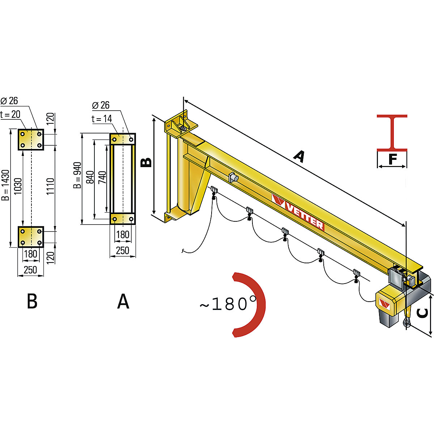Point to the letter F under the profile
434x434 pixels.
click(392, 159)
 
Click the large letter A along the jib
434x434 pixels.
click(299, 157)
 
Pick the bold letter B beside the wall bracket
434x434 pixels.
click(146, 163)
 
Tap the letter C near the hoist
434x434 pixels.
click(422, 313)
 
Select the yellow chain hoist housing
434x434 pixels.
click(387, 302)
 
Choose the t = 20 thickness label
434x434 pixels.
click(10, 115)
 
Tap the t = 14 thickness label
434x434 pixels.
click(102, 119)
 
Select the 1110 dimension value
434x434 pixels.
click(50, 186)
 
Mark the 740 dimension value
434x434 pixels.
click(102, 178)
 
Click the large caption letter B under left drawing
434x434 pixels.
click(32, 301)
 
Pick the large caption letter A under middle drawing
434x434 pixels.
click(123, 301)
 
